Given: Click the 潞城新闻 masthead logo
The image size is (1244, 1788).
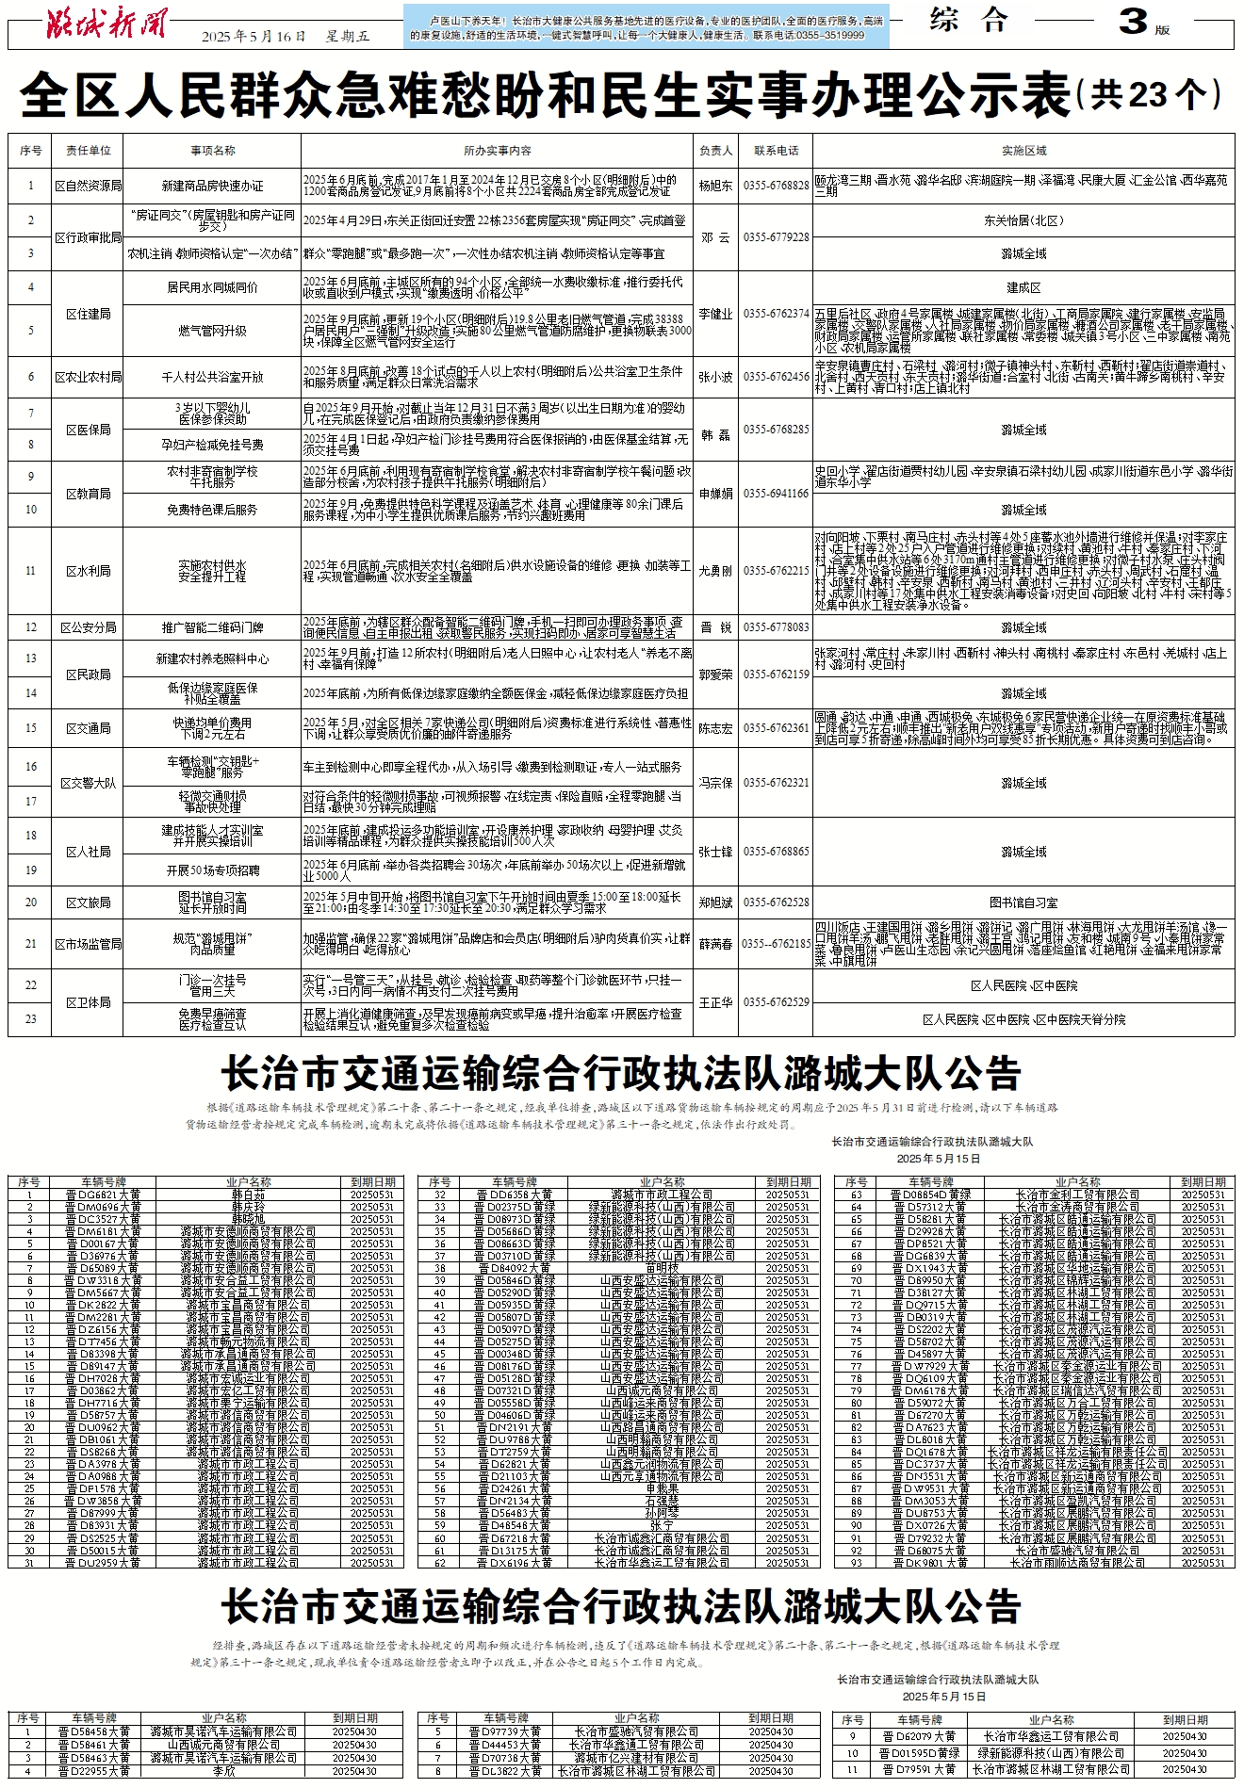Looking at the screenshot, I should tap(106, 23).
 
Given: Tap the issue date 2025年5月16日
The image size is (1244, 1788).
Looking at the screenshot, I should tap(254, 36).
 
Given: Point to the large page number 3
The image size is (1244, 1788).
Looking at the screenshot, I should tap(1133, 22).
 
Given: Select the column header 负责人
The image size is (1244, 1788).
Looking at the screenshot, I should tap(716, 151).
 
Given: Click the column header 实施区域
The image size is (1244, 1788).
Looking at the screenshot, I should tap(1023, 151).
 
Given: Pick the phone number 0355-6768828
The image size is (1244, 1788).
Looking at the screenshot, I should tap(776, 186).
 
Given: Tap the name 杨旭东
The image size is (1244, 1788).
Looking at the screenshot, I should tap(716, 186).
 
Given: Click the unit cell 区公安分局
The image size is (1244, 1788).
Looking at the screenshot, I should tap(88, 627).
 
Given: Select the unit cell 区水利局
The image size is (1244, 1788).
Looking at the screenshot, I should tap(88, 571).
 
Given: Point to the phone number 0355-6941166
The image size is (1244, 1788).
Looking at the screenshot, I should tap(776, 493).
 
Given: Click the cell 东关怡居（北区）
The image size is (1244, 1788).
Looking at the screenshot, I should tap(1023, 220).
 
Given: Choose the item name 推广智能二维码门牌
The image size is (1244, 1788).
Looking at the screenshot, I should tap(212, 627).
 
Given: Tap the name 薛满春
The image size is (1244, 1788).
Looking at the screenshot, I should tap(716, 944).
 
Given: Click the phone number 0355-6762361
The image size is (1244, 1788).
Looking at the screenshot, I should tap(776, 728).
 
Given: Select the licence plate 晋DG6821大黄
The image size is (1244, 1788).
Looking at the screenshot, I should tap(103, 1195).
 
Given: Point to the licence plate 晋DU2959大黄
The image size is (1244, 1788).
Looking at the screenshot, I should tap(103, 1562).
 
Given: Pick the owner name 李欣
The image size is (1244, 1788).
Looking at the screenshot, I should tap(223, 1771).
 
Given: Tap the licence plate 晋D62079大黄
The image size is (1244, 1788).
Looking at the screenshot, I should tap(918, 1736).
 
